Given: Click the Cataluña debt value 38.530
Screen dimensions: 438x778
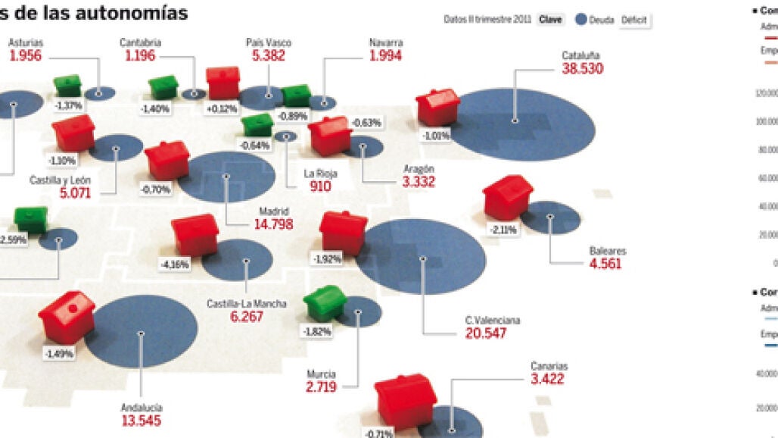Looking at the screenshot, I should click(581, 68).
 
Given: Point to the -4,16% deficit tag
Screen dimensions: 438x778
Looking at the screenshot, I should click(175, 265).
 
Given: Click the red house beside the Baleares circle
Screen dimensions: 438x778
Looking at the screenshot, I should click(507, 196).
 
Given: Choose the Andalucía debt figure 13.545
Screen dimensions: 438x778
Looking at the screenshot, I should click(141, 421).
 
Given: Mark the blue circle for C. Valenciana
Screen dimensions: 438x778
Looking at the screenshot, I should click(421, 261).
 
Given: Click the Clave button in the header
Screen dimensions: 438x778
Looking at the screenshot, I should click(550, 20).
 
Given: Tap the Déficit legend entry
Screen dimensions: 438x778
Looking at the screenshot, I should click(633, 20).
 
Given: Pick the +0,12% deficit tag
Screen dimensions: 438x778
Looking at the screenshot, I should click(221, 108).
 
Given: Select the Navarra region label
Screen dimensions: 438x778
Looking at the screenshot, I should click(386, 42).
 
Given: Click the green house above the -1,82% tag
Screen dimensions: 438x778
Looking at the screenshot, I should click(325, 302).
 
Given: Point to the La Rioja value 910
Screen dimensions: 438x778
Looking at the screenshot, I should click(320, 186).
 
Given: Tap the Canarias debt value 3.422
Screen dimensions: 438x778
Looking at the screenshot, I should click(547, 379).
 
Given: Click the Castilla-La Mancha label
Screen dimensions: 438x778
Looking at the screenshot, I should click(247, 304).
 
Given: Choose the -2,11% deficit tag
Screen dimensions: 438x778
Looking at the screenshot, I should click(503, 229).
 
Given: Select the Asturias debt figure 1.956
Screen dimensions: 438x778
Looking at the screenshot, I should click(26, 55).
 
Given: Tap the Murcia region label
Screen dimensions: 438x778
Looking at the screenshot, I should click(322, 374).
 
